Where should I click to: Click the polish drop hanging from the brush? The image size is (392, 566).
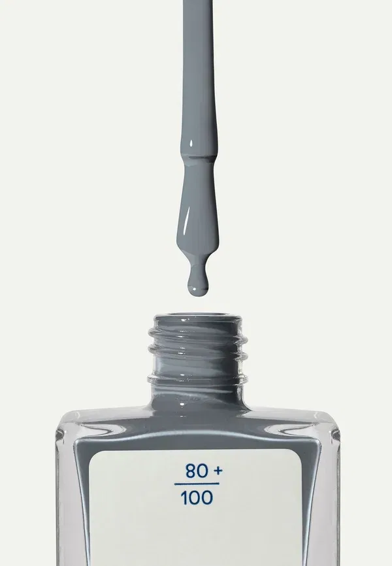tap(198, 284)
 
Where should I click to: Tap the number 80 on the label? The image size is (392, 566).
tap(197, 471)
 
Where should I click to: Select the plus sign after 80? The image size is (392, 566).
tap(218, 471)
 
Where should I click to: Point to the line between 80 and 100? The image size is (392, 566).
tap(197, 484)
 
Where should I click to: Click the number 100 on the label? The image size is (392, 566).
tap(197, 498)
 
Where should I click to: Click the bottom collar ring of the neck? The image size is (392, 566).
tap(198, 379)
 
